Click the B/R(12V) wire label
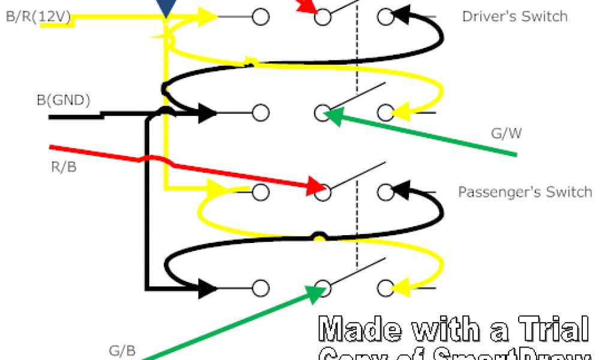click(37, 17)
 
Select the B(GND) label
click(64, 100)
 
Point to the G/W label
click(506, 133)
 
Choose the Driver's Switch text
click(514, 16)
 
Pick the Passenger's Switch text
click(525, 192)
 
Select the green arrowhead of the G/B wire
click(315, 292)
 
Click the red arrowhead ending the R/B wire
click(317, 185)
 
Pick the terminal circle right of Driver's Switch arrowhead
click(386, 17)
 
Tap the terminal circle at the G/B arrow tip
click(323, 288)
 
